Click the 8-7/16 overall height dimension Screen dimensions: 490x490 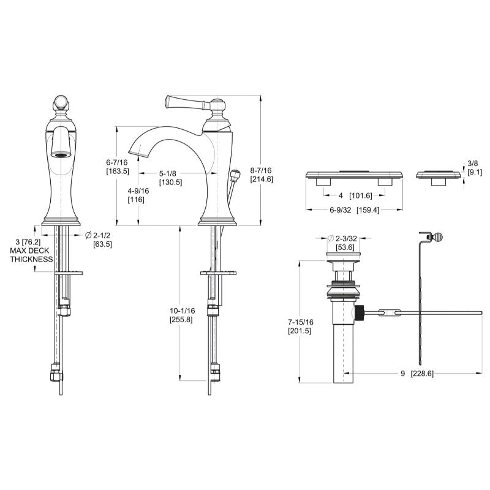(x=262, y=175)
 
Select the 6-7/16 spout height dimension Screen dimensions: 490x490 (x=117, y=167)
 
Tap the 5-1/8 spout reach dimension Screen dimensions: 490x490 (x=170, y=178)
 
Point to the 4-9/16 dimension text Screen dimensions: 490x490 (x=138, y=195)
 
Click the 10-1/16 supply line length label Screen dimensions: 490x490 (x=182, y=315)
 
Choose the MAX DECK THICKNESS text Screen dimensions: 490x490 (x=31, y=255)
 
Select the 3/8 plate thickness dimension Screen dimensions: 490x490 (x=475, y=167)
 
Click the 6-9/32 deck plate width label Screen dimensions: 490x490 (x=355, y=210)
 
